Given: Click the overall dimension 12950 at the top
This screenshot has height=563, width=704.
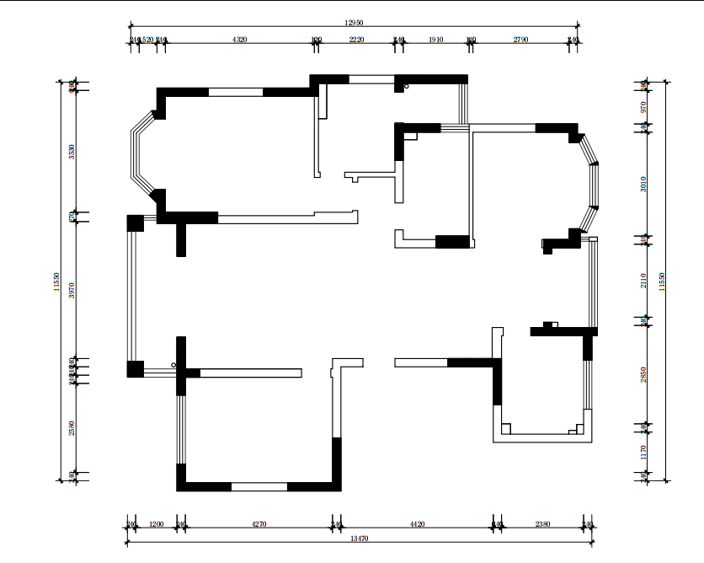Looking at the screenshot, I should click(x=355, y=25).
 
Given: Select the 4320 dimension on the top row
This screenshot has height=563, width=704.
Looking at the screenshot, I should click(x=239, y=40).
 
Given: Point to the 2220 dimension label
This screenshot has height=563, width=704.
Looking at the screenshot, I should click(x=356, y=40).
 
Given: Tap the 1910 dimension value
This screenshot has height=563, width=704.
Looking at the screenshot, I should click(x=436, y=40).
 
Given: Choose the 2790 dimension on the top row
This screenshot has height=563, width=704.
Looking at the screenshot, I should click(x=520, y=40).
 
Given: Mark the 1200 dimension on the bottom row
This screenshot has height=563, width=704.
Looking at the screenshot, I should click(x=155, y=524).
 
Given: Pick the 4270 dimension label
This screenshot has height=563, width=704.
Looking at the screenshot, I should click(x=259, y=524).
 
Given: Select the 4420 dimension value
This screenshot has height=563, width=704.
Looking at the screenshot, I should click(x=417, y=524).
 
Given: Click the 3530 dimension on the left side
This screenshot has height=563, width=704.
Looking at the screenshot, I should click(x=72, y=152).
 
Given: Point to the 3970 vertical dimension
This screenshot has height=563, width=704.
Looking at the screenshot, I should click(x=72, y=290).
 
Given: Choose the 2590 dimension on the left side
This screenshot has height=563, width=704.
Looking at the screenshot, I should click(x=72, y=429).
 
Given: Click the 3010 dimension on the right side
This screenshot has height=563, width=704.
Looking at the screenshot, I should click(x=643, y=183).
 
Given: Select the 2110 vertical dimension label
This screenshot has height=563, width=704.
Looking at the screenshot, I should click(x=643, y=281).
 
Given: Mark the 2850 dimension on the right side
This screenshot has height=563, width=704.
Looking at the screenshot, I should click(x=643, y=374).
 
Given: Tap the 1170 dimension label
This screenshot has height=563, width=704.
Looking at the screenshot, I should click(x=643, y=452).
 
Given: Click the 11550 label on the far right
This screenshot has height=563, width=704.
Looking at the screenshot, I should click(x=662, y=281).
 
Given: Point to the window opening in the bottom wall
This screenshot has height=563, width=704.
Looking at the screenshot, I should click(x=259, y=486).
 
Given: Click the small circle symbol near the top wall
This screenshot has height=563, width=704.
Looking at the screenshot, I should click(x=407, y=86).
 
